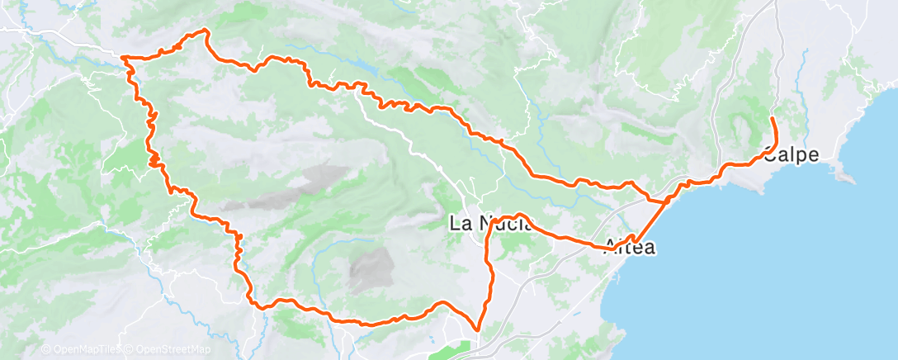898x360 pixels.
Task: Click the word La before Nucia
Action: tap(460, 222)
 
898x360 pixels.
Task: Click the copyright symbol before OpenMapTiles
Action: tap(45, 349)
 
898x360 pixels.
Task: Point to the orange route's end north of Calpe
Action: tap(773, 120)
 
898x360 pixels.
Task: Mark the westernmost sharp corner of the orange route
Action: tap(123, 57)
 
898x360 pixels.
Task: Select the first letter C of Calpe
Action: tap(772, 155)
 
